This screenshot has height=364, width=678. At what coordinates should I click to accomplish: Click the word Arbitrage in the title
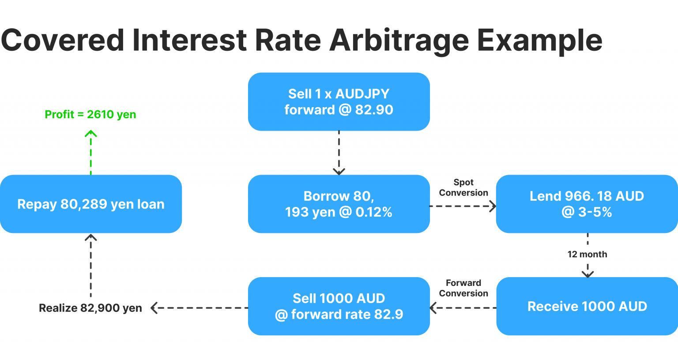tap(398, 41)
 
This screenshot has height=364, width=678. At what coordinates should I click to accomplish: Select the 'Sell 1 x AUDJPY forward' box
tap(339, 101)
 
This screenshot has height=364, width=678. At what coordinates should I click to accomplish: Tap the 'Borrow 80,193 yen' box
tap(339, 204)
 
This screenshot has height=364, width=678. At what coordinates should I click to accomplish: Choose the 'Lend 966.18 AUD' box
tap(587, 204)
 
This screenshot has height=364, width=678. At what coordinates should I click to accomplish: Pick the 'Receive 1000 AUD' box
tap(587, 306)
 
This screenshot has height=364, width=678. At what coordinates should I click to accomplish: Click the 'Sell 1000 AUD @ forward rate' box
tap(339, 306)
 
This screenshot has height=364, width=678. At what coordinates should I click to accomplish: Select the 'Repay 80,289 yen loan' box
tap(91, 204)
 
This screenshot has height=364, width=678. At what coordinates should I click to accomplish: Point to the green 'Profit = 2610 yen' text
tap(90, 114)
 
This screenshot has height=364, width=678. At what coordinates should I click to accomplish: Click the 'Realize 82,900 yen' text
tap(90, 308)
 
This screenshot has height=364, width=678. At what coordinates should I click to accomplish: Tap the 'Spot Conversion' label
tap(463, 188)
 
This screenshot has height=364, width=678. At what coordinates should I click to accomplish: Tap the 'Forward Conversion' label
tap(463, 288)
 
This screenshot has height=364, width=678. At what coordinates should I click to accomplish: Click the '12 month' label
tap(587, 254)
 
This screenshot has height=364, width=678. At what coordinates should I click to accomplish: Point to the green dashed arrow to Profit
tap(91, 152)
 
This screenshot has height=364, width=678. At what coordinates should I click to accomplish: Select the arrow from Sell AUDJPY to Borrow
tap(339, 152)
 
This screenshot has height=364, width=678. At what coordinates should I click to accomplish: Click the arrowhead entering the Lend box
tap(493, 206)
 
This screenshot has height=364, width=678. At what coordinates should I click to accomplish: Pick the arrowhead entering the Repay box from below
tap(91, 237)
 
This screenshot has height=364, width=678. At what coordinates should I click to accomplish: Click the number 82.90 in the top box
tap(374, 110)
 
